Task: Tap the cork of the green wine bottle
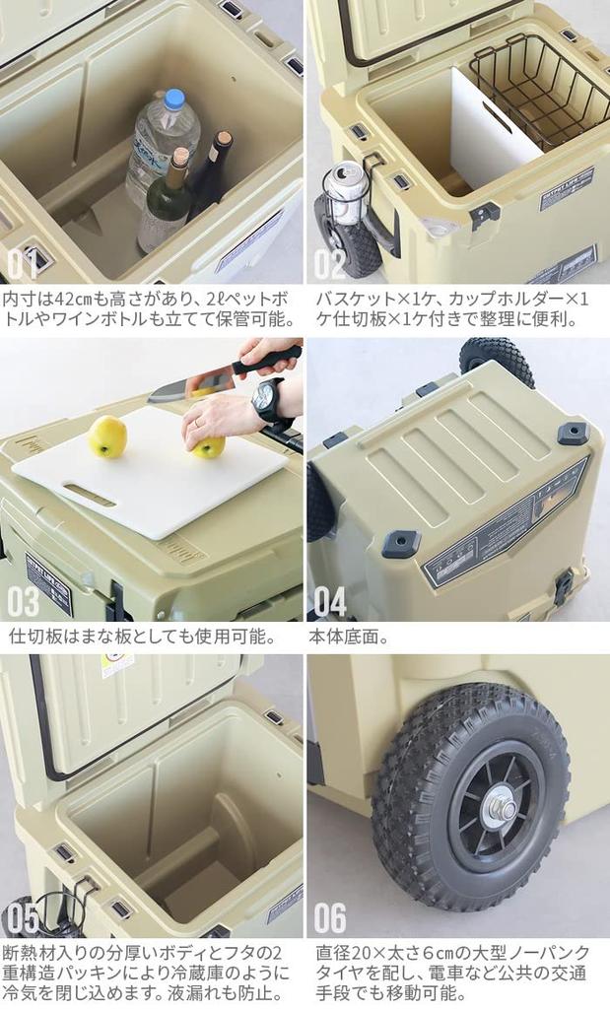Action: click(179, 156)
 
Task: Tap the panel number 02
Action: click(330, 263)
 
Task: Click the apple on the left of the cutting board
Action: click(107, 436)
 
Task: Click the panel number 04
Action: click(330, 600)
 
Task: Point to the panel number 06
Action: click(330, 917)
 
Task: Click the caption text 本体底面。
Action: click(349, 637)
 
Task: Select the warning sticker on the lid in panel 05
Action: click(117, 665)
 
